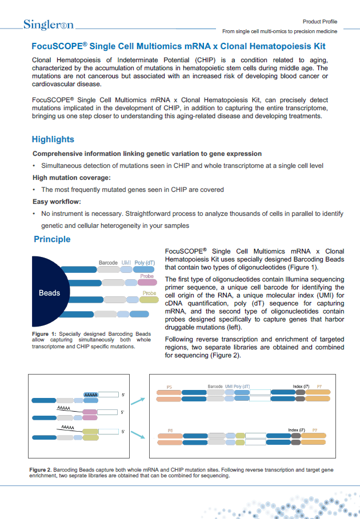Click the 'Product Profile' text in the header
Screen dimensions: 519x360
coord(320,21)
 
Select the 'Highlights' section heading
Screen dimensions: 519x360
coord(53,139)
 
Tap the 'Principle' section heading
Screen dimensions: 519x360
coord(52,239)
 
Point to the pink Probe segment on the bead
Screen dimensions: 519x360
coord(146,281)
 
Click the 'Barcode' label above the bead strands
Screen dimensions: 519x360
coord(108,263)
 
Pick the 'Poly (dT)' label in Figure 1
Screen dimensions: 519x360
coord(145,263)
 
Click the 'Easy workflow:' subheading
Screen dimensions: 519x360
coord(57,202)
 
